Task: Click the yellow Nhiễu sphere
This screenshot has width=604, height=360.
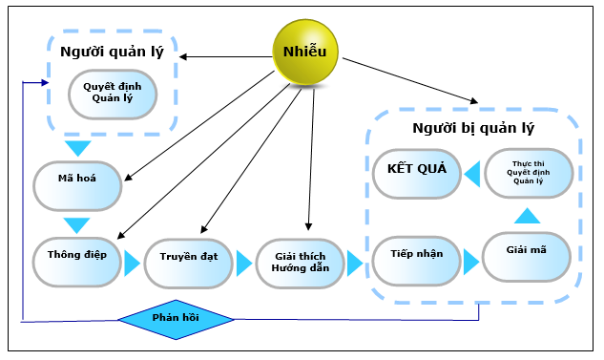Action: click(305, 51)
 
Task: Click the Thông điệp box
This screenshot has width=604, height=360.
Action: click(78, 258)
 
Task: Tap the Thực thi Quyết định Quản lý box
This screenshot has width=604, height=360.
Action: click(529, 173)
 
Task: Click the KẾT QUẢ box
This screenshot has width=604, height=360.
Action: click(416, 172)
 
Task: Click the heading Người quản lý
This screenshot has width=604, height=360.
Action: click(112, 52)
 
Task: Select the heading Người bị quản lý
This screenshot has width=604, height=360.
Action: click(473, 127)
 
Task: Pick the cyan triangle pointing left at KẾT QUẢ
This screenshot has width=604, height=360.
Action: click(470, 173)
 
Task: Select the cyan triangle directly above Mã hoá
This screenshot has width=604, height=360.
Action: click(76, 149)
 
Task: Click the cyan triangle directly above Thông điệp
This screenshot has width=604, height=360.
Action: click(76, 225)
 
